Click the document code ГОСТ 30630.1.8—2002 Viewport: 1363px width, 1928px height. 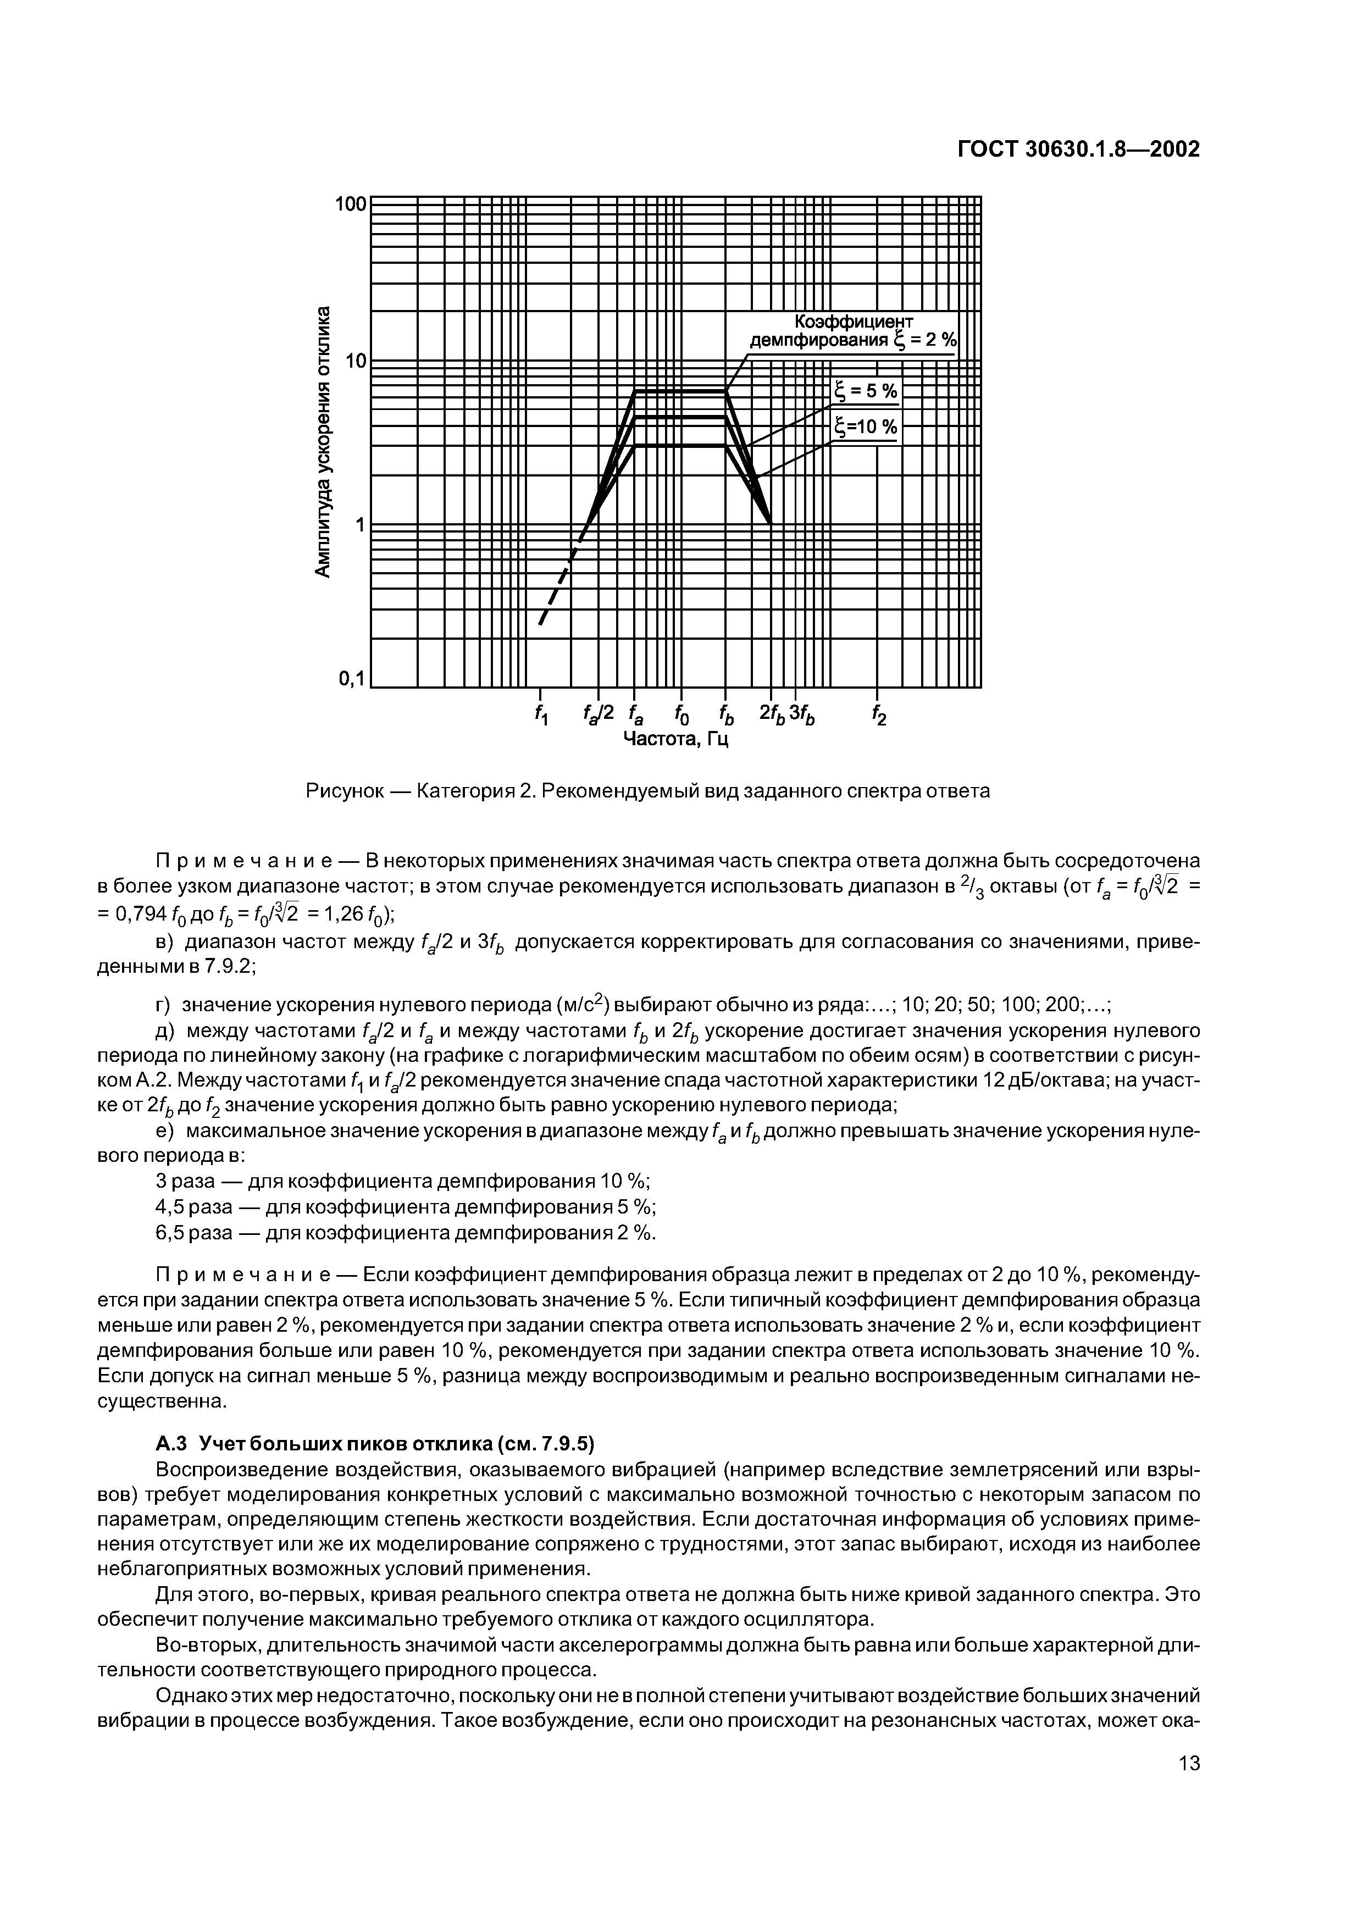(1078, 150)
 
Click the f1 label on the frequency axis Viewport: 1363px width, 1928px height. (541, 714)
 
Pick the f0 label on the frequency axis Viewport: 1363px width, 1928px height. (680, 714)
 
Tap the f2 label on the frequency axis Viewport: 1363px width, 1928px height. (878, 714)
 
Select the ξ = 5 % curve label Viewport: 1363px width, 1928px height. (865, 391)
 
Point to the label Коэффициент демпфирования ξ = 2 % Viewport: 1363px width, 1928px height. (852, 332)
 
